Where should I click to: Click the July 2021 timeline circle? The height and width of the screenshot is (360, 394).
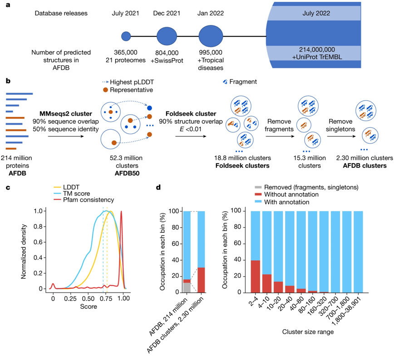[126, 35]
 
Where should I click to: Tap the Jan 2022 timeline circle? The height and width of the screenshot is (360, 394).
[211, 35]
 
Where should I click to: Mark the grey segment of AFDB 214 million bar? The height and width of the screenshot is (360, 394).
[187, 288]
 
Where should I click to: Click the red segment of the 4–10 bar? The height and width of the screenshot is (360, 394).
[266, 283]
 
